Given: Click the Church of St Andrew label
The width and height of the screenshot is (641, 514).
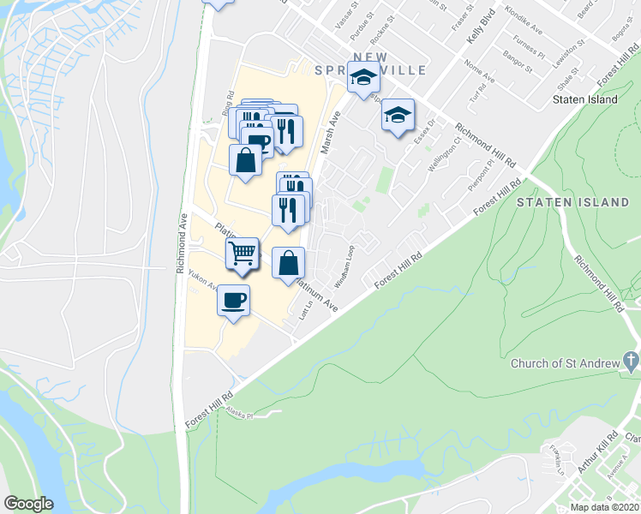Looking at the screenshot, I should [564, 363].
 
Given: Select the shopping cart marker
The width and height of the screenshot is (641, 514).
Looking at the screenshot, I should [243, 254].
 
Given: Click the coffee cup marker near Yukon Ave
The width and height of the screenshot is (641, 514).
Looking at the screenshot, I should [234, 301].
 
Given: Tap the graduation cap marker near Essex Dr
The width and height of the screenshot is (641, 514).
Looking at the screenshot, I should [398, 116].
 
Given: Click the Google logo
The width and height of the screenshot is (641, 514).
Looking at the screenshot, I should [28, 504].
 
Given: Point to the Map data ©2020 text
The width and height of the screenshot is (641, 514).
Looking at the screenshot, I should [605, 507].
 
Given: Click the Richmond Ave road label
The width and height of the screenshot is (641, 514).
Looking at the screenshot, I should [183, 243].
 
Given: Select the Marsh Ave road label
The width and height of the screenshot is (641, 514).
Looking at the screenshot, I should [328, 132].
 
